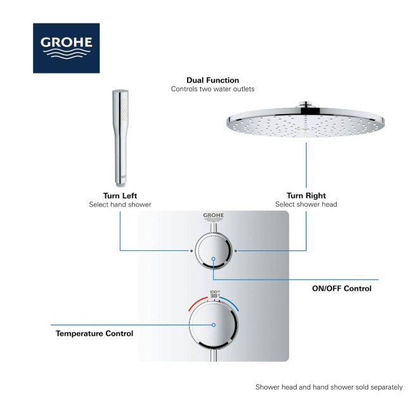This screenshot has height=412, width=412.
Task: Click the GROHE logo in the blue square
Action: coord(66,48)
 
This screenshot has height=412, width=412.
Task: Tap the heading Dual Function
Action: coord(212,80)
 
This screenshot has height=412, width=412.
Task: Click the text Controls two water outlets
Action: coord(212,89)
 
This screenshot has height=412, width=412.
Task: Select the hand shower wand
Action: coord(120,138)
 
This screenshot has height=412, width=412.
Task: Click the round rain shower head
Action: coord(306,120)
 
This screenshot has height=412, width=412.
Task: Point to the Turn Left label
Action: coord(120,196)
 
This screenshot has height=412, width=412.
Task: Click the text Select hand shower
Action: coord(120,205)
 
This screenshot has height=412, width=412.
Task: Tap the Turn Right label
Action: coord(306,196)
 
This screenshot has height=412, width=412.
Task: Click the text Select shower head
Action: coord(306,204)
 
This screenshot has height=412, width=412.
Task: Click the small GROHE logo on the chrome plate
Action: coord(214,217)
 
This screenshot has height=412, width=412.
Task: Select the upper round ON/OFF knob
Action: coord(214,251)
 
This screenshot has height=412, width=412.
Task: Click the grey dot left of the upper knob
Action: coord(191,251)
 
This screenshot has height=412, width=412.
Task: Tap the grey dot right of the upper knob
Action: coord(236,251)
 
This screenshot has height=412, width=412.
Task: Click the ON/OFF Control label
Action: coord(342,288)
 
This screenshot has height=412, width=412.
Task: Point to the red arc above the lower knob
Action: coord(196,302)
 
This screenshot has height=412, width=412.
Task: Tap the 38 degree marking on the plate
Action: coord(215,296)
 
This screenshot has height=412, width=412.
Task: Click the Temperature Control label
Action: coord(94,333)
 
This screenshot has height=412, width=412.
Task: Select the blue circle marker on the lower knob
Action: coord(214,325)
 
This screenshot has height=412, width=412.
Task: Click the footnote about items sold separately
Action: coord(329,387)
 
